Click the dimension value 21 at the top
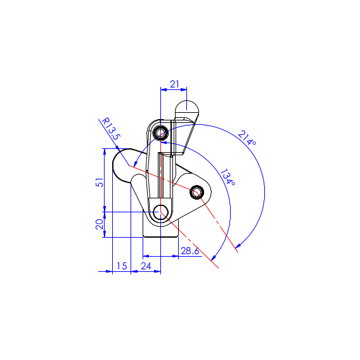coord(174,84)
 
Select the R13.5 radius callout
coord(111,129)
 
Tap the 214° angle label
coord(247,138)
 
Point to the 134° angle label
coord(228,177)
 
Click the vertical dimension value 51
coord(100,183)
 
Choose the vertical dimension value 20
coord(100,224)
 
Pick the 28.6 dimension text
coord(190,251)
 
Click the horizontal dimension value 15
coord(122,266)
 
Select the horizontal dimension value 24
coord(146,266)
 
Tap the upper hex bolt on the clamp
coord(160,132)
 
